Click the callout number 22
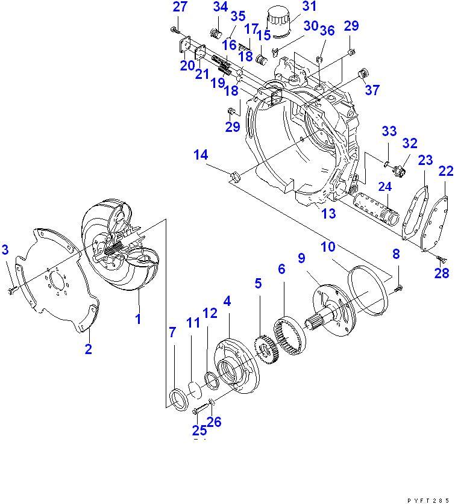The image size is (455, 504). (x=445, y=172)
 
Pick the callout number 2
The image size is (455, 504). (x=88, y=349)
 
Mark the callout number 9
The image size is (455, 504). (x=301, y=258)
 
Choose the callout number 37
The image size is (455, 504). (x=372, y=90)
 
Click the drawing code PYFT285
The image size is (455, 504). (x=430, y=500)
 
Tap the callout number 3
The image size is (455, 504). (x=5, y=249)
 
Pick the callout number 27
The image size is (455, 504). (x=180, y=7)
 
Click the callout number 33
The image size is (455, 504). (x=389, y=131)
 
